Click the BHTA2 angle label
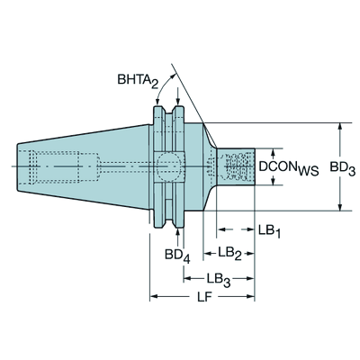coord(138,80)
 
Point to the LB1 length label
coord(269,231)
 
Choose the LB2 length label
coord(229,254)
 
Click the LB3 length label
coord(218,280)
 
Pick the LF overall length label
coord(204,297)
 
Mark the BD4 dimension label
coord(177,256)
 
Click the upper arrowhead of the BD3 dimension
coord(339,126)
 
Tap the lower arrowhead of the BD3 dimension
coord(339,207)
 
